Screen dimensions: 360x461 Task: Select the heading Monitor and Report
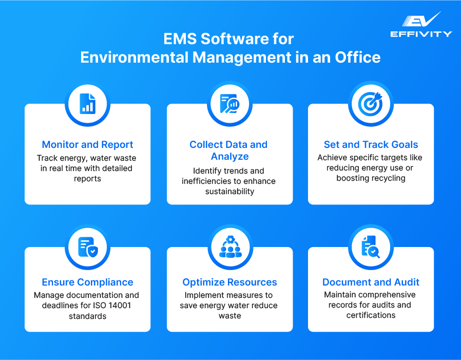click(87, 144)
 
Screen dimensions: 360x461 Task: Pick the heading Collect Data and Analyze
click(229, 150)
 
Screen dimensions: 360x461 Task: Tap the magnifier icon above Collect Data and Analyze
click(229, 104)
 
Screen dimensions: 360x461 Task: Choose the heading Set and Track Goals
click(371, 144)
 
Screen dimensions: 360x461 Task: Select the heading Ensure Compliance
click(87, 282)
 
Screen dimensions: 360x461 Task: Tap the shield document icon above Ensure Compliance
click(87, 247)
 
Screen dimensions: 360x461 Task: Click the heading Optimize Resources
click(229, 282)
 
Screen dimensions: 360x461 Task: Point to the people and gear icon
click(229, 247)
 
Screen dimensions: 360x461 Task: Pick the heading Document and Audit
click(371, 282)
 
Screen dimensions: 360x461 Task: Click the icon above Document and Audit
click(371, 247)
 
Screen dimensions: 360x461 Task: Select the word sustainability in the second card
click(229, 191)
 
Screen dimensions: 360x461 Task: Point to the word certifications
click(371, 315)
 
